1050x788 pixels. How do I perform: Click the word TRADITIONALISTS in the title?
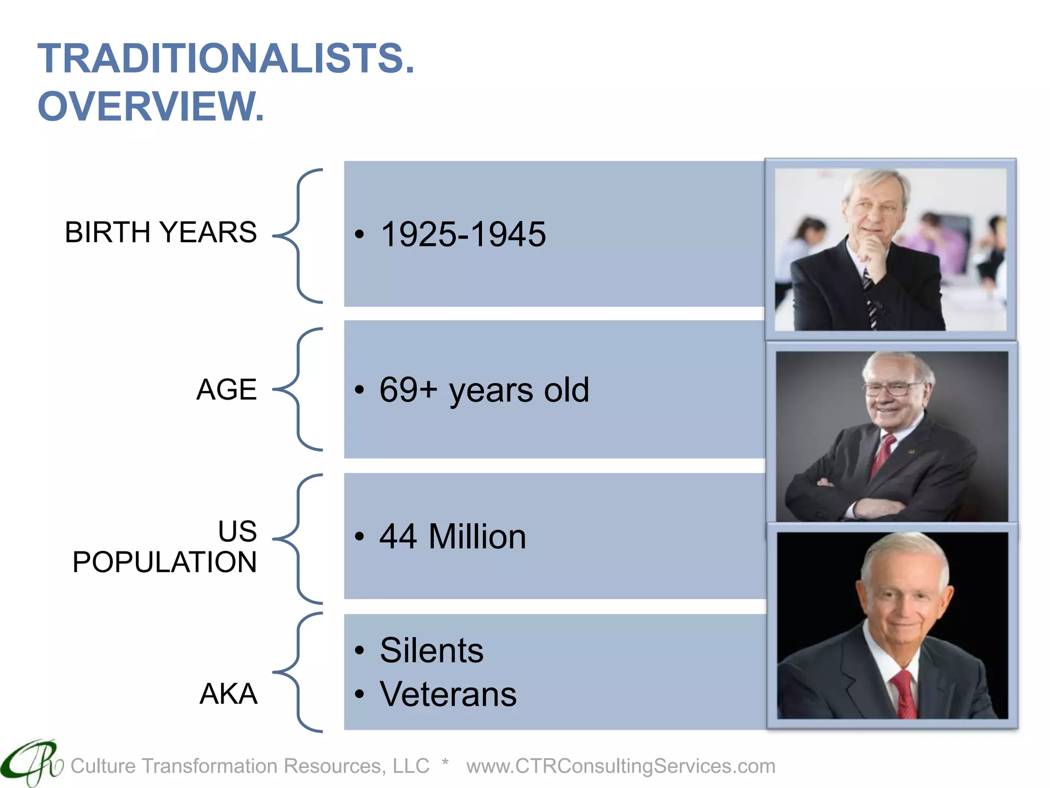(x=226, y=58)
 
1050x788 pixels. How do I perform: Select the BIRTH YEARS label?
(x=160, y=232)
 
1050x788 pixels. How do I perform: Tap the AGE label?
(x=226, y=389)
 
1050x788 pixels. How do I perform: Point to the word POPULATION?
(x=164, y=562)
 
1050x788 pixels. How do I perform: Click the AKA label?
(x=228, y=694)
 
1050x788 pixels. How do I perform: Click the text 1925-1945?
(x=463, y=234)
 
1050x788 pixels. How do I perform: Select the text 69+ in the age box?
(x=408, y=389)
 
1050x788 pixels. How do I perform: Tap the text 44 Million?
(x=453, y=537)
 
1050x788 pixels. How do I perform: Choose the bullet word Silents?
(x=432, y=651)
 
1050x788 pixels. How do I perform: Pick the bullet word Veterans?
(x=448, y=694)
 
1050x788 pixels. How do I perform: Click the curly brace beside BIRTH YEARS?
(x=298, y=236)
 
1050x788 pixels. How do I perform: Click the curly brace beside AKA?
(x=298, y=672)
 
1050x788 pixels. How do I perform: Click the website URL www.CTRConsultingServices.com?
(x=620, y=766)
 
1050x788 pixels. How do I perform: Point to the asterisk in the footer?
(x=445, y=763)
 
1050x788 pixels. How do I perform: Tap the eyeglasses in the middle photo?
(x=892, y=388)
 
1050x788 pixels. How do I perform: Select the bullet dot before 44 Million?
(x=359, y=537)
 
